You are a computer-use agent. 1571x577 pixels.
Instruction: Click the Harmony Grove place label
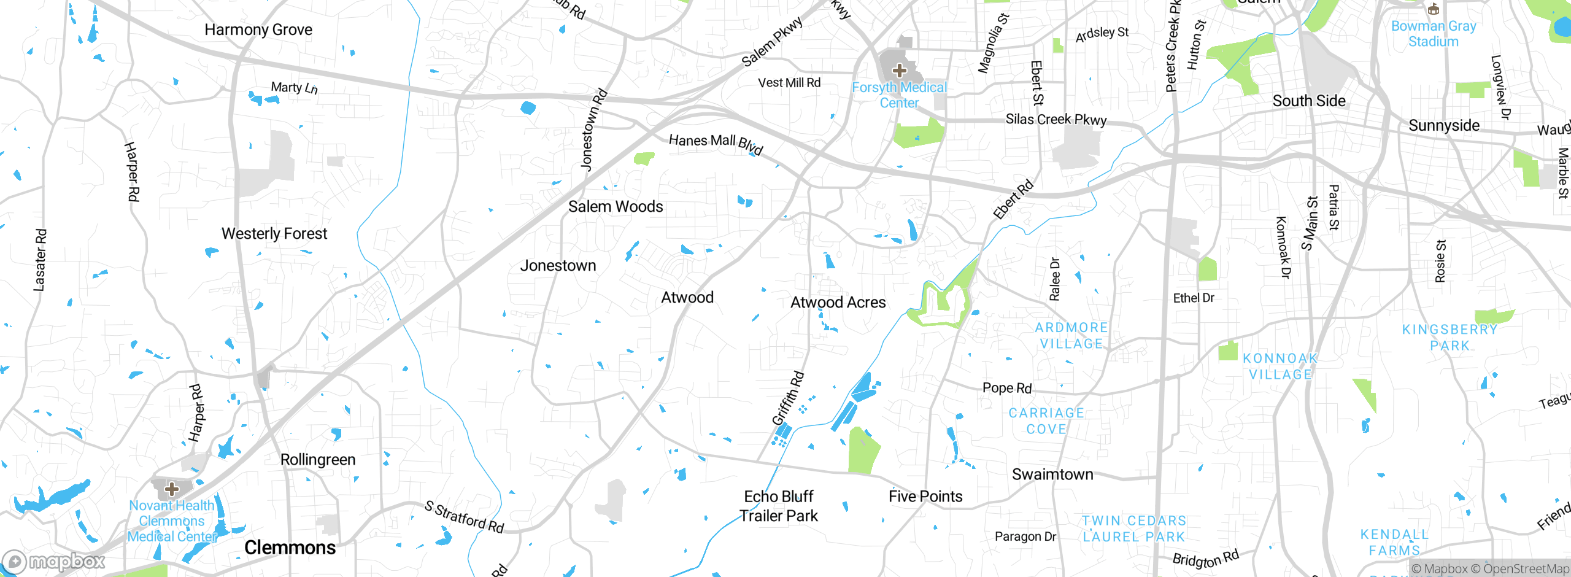[258, 29]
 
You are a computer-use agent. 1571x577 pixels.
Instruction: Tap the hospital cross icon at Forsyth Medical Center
[899, 71]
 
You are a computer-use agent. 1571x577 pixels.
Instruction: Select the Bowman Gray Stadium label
[1433, 34]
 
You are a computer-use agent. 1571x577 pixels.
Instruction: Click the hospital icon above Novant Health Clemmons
[172, 489]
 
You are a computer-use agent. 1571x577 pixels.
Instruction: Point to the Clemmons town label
[290, 547]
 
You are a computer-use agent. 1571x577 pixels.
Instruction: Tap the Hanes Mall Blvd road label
[716, 144]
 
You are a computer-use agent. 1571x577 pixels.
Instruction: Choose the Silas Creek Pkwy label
[1056, 119]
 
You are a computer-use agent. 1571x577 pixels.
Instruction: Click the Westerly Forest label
[274, 233]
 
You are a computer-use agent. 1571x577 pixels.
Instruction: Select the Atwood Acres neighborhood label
[838, 302]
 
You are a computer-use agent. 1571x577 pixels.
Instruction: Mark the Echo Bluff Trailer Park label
[778, 506]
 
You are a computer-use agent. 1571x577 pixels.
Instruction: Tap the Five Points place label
[925, 496]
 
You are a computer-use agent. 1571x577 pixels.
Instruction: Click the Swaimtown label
[1052, 474]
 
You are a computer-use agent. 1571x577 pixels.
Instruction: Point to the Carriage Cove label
[1046, 421]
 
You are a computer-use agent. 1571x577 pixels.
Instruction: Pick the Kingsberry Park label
[1449, 337]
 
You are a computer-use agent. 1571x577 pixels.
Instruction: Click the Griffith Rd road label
[788, 398]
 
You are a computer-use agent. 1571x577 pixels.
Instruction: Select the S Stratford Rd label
[465, 517]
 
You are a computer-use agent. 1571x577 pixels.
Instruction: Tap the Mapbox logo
[54, 561]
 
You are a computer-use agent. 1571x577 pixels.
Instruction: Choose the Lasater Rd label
[39, 260]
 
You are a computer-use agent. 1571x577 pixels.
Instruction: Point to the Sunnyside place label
[1443, 125]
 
